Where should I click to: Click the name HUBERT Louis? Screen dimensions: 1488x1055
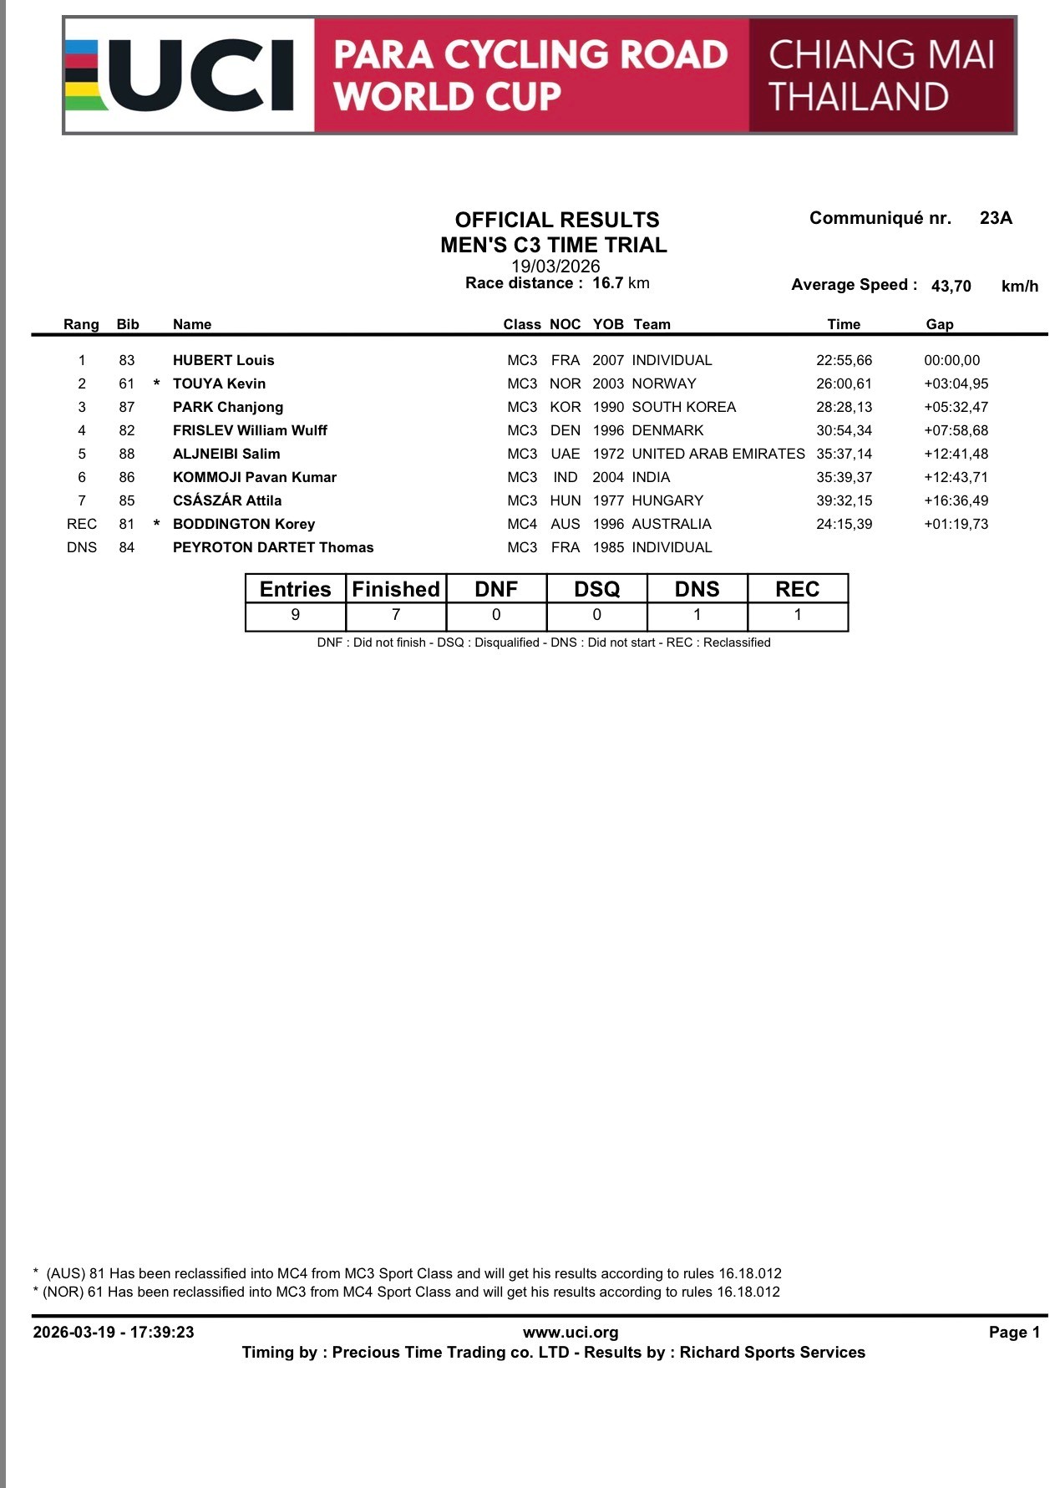223,360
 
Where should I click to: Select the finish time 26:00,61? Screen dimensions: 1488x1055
844,383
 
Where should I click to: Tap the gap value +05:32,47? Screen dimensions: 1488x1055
956,407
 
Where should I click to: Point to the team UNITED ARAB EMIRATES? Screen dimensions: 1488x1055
718,454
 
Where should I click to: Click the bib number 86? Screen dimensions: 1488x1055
126,477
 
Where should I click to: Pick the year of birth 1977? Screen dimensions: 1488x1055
608,500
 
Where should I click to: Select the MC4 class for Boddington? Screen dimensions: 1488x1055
522,524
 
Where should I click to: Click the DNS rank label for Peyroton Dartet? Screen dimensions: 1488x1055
82,547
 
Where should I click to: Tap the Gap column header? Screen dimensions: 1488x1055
939,324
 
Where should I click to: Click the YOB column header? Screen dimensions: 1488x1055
608,324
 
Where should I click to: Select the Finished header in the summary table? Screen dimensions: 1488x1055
396,589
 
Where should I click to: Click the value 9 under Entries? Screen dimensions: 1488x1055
295,615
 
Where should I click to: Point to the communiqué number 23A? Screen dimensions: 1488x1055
996,218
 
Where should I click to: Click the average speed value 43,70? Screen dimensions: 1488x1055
951,286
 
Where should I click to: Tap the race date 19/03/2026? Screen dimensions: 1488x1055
555,266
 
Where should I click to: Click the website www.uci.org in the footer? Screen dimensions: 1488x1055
571,1332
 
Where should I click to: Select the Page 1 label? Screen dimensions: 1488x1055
1014,1332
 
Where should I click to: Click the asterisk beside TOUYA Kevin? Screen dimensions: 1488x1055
156,384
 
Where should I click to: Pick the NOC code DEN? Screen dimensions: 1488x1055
566,430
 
